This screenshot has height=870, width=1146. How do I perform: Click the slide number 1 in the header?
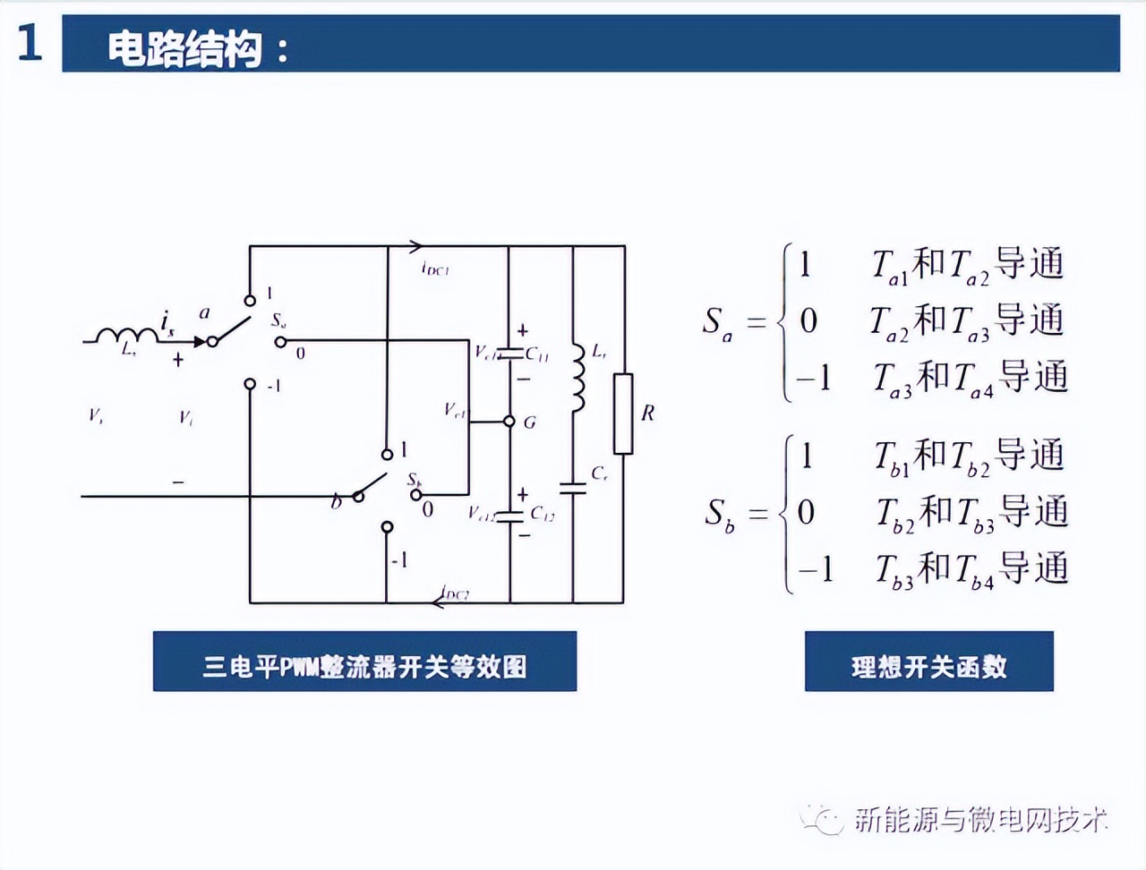tap(30, 43)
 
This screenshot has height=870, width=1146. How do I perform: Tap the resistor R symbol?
tap(623, 414)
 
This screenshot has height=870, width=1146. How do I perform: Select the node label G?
tap(529, 422)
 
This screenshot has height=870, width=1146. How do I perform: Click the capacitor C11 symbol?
tap(509, 354)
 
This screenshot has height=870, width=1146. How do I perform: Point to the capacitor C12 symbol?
tap(509, 515)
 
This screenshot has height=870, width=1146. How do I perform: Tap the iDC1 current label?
tap(435, 269)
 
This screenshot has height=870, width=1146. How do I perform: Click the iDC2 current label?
tap(456, 593)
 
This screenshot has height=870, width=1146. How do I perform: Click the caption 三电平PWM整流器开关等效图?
tap(364, 666)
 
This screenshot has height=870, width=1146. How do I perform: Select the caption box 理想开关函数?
tap(928, 666)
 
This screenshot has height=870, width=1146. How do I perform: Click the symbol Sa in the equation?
tap(717, 323)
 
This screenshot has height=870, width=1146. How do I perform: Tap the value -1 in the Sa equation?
tap(814, 378)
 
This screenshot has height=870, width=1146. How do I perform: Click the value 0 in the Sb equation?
tap(807, 512)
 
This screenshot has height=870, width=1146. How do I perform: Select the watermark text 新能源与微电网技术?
tap(980, 819)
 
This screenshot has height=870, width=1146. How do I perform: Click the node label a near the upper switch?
tap(204, 313)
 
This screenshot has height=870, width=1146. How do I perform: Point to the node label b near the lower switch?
tap(336, 502)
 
